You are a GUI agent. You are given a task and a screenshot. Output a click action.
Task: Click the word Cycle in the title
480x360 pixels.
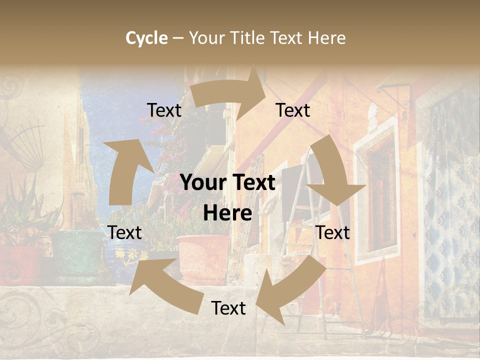coord(146,38)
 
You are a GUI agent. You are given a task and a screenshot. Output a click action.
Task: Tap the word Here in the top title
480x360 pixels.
coord(326,38)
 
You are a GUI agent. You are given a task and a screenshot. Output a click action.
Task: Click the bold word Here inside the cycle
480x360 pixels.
coord(227,213)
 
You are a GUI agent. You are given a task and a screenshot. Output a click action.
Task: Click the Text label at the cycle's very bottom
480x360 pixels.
coord(228,308)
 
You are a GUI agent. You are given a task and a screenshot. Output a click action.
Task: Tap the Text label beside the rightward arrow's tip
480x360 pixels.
coord(293,110)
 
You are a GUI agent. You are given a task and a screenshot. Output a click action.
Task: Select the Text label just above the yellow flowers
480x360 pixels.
coord(124,232)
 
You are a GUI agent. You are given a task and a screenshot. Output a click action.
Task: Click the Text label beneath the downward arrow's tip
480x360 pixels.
coord(333,232)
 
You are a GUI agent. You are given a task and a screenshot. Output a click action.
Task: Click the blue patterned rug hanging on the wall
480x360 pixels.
coord(452,210)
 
